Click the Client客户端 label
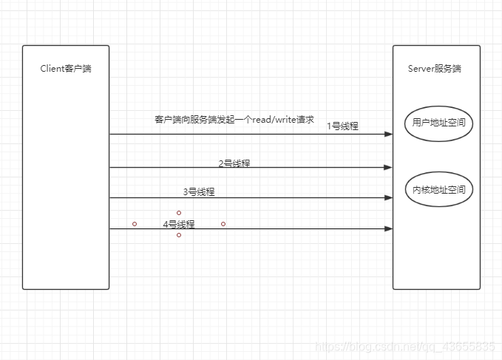pos(66,69)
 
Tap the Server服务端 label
pos(435,69)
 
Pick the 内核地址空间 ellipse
pos(439,190)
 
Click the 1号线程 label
pos(342,126)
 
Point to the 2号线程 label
pos(234,163)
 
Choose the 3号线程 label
pos(199,192)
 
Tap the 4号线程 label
pos(179,224)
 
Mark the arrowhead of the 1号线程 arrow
pos(389,135)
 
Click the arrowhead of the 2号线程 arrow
pos(389,168)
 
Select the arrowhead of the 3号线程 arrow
pos(389,198)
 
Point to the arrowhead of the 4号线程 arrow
pos(389,229)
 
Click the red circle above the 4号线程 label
pos(179,213)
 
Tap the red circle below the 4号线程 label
pos(179,235)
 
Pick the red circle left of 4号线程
pos(135,223)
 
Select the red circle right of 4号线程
pos(223,223)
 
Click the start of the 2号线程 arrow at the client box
pos(111,168)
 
